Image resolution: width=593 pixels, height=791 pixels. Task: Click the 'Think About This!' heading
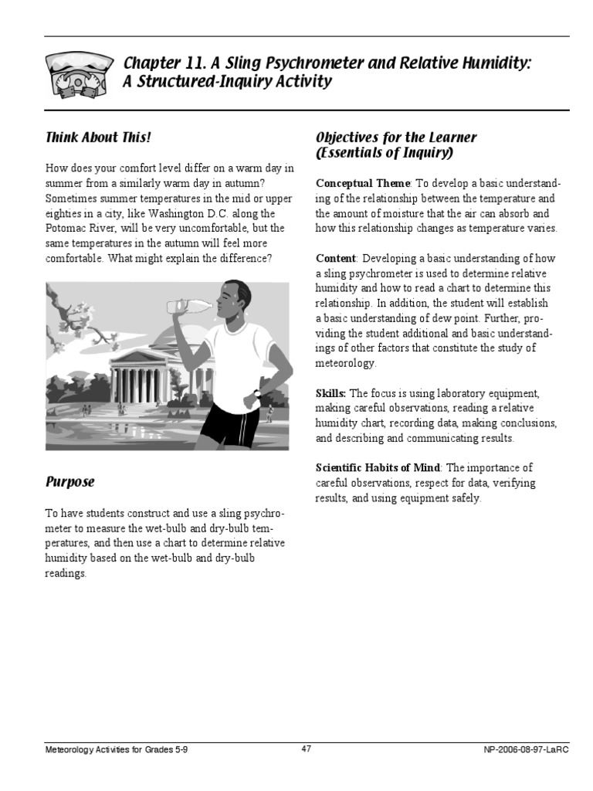click(98, 137)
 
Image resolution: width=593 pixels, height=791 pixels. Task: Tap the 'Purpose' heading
click(69, 482)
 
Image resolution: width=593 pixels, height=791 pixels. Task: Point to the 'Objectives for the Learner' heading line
click(396, 137)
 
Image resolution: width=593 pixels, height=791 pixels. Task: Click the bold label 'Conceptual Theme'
click(363, 183)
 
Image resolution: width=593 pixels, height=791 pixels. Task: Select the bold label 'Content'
click(336, 258)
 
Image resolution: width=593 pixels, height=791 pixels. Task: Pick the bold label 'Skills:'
click(330, 392)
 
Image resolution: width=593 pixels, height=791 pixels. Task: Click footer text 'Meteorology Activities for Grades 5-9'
click(116, 750)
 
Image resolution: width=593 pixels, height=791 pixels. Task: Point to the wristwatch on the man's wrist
click(257, 393)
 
